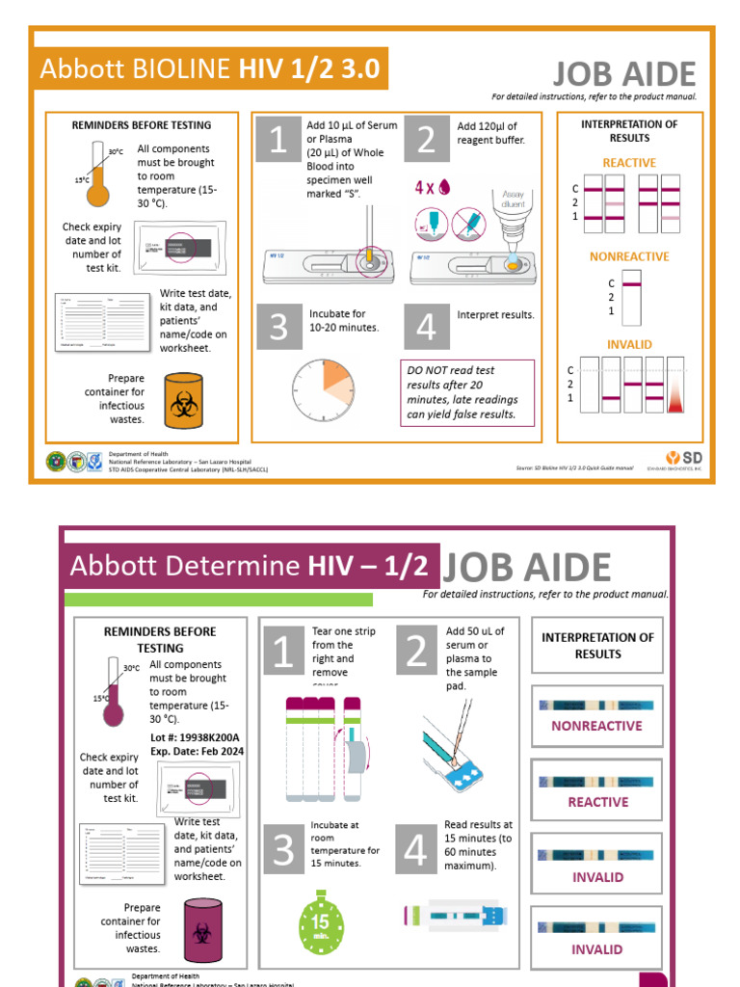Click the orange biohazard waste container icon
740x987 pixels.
click(x=184, y=400)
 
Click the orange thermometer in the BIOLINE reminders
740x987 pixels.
click(x=98, y=174)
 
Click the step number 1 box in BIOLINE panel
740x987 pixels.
click(x=277, y=141)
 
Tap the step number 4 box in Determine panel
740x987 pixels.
click(x=414, y=850)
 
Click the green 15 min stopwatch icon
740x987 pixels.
click(x=322, y=922)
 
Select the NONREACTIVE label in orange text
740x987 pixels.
click(x=629, y=256)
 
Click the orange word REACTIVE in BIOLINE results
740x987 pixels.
click(x=629, y=163)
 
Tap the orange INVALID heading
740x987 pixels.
click(x=629, y=344)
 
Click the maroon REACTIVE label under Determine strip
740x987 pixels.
click(x=597, y=802)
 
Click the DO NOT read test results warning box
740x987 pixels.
click(x=466, y=392)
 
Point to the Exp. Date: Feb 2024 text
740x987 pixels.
click(x=197, y=751)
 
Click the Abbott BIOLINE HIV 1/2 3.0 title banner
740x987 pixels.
click(x=210, y=69)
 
